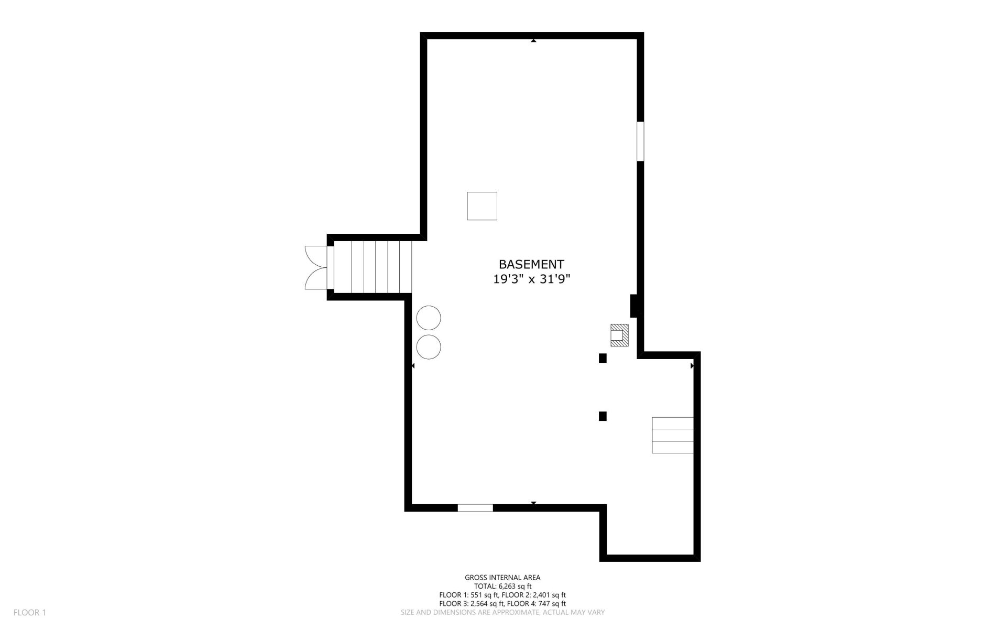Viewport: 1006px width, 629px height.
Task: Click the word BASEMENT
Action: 531,264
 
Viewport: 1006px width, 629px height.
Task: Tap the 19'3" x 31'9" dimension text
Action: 531,279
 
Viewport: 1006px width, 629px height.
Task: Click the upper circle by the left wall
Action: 429,318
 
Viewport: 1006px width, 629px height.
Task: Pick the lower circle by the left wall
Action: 429,346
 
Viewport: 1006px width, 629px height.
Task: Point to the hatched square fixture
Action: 619,335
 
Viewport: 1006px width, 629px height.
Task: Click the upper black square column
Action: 603,359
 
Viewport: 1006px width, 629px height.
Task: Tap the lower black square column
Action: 603,416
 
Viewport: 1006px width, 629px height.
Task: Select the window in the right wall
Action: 640,142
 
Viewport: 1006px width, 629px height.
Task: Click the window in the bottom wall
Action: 475,507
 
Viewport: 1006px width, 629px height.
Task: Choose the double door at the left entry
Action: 316,267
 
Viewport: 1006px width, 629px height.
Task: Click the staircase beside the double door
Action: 373,267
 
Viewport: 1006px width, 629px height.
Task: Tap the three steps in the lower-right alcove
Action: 673,435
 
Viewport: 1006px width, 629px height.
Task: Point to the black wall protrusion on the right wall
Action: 633,306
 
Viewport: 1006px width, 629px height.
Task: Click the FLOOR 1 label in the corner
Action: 30,612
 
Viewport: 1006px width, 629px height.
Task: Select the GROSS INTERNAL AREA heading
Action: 502,578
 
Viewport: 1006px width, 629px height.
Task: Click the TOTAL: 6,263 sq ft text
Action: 502,586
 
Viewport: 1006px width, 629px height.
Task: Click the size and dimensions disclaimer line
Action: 502,612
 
